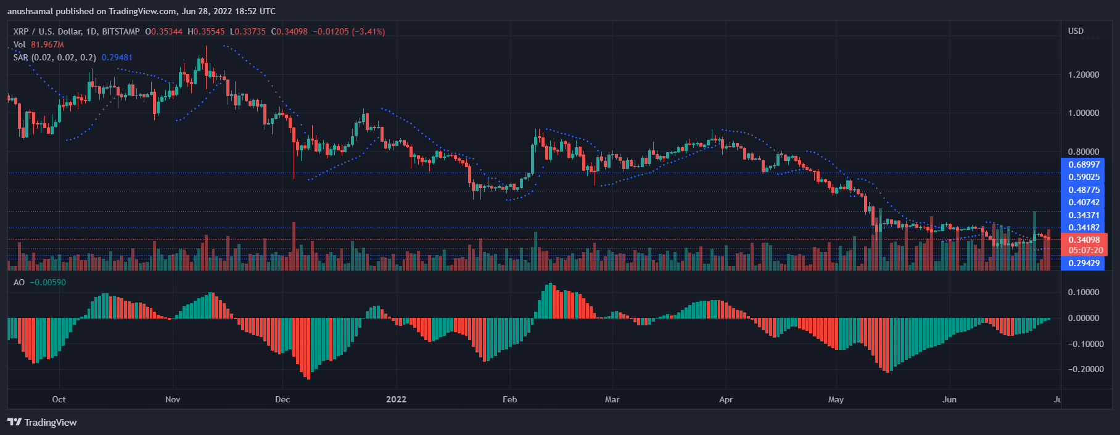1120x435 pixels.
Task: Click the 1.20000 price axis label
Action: tap(1084, 75)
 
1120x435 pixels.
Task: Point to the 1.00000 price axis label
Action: tap(1084, 113)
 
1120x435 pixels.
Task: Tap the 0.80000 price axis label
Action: tap(1084, 152)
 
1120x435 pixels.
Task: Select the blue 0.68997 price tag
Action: tap(1084, 165)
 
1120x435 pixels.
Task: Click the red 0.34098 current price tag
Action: tap(1084, 240)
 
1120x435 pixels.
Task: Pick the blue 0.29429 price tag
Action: tap(1084, 263)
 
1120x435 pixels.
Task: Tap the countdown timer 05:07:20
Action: tap(1085, 250)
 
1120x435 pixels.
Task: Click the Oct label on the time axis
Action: tap(59, 399)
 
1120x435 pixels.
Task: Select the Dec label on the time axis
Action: tap(282, 399)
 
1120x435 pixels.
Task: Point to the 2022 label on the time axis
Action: tap(396, 399)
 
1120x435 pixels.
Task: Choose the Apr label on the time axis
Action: tap(726, 399)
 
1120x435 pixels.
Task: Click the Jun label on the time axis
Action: tap(949, 399)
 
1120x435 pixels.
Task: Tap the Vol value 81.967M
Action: tap(47, 44)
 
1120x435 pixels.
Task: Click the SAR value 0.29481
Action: tap(117, 57)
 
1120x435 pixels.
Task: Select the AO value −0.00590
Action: tap(48, 282)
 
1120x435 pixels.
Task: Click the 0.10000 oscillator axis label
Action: tap(1084, 292)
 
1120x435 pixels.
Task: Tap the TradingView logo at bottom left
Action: tap(42, 422)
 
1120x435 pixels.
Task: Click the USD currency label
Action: tap(1076, 31)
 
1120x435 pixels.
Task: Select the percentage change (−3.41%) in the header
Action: tap(368, 31)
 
